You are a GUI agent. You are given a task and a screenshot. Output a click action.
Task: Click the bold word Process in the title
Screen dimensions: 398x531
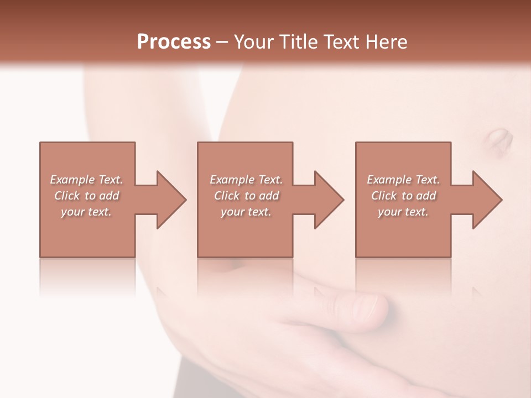(174, 42)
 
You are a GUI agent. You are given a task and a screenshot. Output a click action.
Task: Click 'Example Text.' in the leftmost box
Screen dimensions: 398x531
(86, 180)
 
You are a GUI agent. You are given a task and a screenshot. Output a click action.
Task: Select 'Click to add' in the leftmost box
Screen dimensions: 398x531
(86, 196)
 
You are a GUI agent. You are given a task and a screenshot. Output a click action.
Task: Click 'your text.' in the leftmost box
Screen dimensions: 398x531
(86, 212)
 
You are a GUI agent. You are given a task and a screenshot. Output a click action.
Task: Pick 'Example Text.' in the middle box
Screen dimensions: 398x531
(246, 180)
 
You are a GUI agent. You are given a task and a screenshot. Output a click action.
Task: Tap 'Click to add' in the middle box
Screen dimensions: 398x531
(246, 196)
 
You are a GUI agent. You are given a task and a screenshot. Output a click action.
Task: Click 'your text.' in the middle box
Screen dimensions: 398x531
(246, 212)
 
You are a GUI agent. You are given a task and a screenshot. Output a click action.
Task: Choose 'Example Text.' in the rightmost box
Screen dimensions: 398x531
(403, 180)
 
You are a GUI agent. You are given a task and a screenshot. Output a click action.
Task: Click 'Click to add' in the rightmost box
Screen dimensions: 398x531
(403, 196)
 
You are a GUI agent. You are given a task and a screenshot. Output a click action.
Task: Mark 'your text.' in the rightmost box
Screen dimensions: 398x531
(403, 212)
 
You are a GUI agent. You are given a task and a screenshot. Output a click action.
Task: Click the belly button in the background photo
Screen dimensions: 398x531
(499, 140)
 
